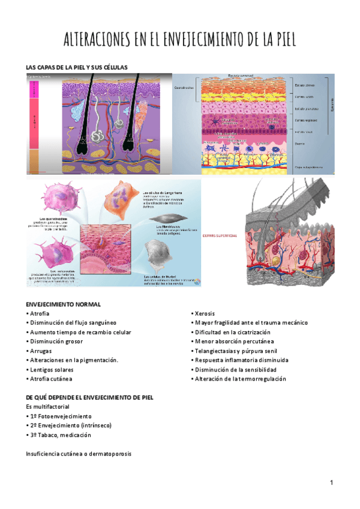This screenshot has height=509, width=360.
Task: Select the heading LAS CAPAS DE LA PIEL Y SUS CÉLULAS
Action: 77,67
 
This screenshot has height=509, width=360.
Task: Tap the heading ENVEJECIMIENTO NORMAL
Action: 63,304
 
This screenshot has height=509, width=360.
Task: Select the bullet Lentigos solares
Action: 52,370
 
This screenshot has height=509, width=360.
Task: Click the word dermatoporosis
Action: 108,454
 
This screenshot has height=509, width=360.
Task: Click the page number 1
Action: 331,483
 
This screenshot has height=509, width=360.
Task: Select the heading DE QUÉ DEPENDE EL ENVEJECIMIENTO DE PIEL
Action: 90,397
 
